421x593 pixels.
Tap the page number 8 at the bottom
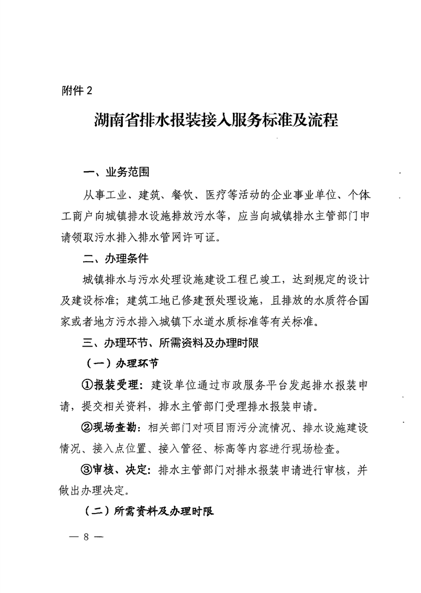pyautogui.click(x=85, y=536)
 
